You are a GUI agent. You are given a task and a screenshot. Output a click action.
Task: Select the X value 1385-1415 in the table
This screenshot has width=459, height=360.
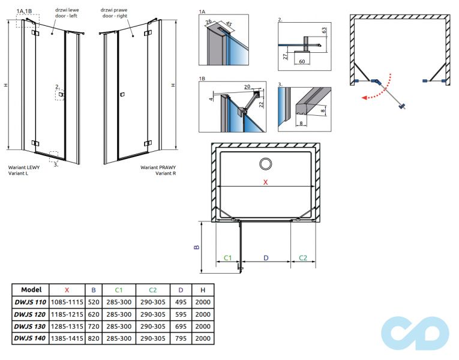click(x=67, y=339)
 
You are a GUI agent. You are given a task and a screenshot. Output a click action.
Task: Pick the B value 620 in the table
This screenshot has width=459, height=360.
click(x=94, y=314)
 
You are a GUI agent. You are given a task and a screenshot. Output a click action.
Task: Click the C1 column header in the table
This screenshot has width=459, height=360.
click(x=119, y=289)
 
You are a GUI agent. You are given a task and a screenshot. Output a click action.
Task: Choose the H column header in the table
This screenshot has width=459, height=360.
click(x=202, y=289)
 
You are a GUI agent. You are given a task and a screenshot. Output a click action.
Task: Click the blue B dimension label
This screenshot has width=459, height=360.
click(x=196, y=247)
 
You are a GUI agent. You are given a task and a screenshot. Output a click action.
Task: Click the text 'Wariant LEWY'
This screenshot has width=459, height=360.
click(x=23, y=168)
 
